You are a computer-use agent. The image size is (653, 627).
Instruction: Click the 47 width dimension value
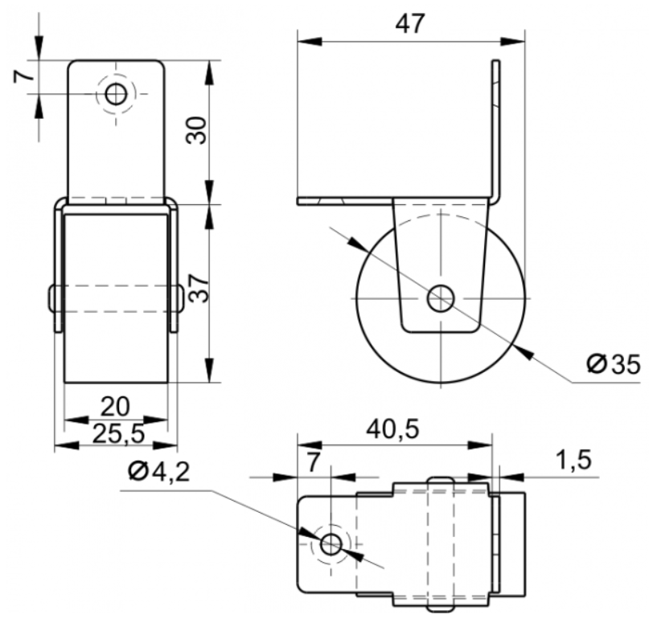tap(410, 24)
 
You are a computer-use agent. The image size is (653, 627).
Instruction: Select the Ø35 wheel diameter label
tap(613, 364)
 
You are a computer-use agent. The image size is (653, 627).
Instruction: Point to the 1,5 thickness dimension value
tap(573, 460)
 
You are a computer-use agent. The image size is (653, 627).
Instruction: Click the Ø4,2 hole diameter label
tap(159, 472)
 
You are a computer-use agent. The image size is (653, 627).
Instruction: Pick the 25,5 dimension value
tap(119, 433)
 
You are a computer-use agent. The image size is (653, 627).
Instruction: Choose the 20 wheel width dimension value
tap(115, 407)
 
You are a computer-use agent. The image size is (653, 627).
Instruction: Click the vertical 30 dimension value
tap(196, 130)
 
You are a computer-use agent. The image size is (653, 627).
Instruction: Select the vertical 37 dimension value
tap(198, 288)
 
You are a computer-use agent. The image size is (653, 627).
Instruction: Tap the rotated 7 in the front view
tap(23, 76)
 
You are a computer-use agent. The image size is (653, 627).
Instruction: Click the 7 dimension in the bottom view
tap(314, 461)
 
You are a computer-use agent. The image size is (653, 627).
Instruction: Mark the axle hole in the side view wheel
tap(441, 298)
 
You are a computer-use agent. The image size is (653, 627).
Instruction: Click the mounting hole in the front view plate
tap(116, 95)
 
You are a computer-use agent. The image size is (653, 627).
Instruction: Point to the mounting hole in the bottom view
tap(331, 543)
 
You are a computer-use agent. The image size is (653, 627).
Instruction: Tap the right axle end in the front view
tap(180, 298)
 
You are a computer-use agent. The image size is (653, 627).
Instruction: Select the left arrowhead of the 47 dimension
tap(310, 42)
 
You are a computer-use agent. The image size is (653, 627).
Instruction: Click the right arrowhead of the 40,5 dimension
tap(480, 445)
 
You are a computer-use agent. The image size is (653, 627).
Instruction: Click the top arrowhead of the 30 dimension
tap(209, 73)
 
